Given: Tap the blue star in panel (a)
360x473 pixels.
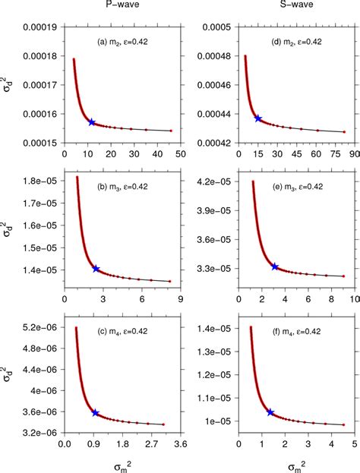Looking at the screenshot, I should pos(92,121).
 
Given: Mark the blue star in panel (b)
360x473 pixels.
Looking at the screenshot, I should pos(96,269).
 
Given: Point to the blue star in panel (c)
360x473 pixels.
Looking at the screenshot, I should pos(95,412).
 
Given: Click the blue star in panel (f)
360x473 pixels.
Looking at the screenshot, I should pos(270,412).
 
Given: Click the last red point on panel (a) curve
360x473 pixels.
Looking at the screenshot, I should pos(171,131).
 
